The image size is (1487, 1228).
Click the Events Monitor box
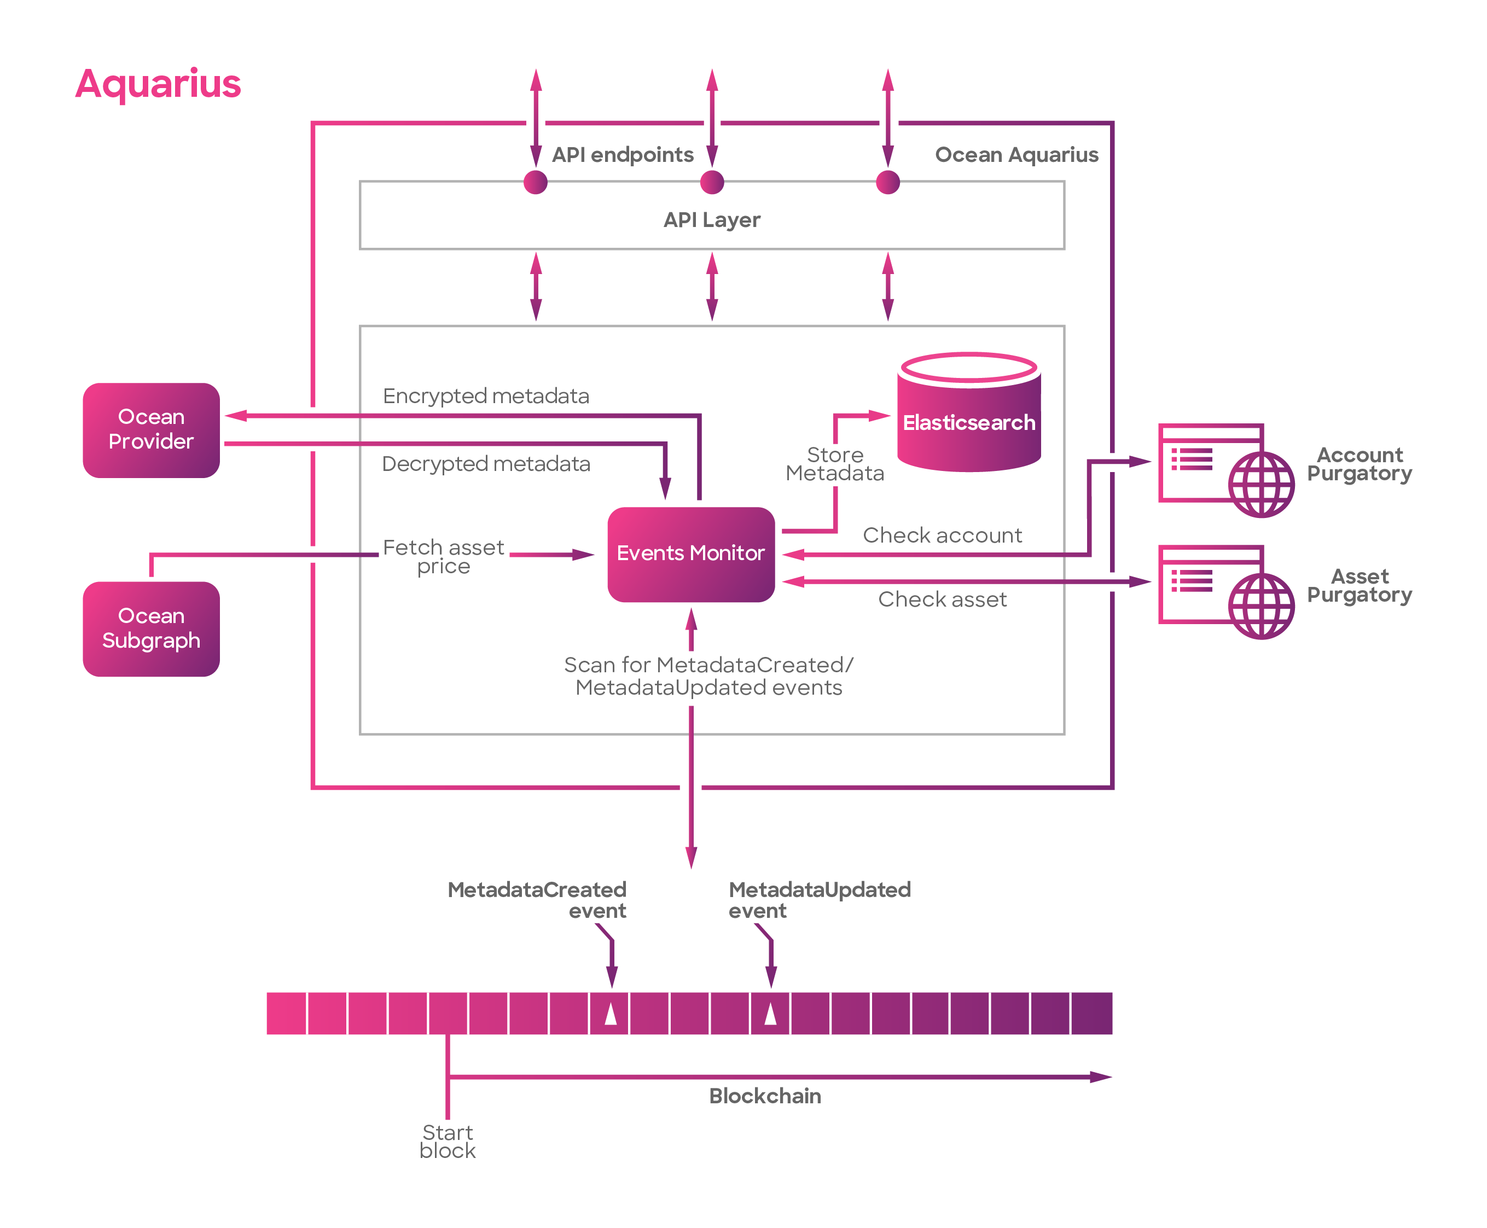click(690, 554)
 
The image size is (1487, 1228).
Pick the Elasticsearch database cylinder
click(968, 412)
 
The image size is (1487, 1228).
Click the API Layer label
click(712, 220)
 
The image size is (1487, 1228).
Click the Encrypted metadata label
click(486, 396)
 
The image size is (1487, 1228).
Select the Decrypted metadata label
click(486, 464)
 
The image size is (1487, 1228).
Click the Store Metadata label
click(835, 464)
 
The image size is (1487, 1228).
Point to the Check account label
click(942, 535)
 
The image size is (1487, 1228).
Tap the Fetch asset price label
click(444, 557)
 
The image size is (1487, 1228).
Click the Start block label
click(447, 1142)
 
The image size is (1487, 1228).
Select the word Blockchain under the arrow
click(765, 1096)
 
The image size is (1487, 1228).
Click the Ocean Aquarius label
click(1016, 155)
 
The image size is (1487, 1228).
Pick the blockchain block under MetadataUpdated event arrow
click(770, 1013)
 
